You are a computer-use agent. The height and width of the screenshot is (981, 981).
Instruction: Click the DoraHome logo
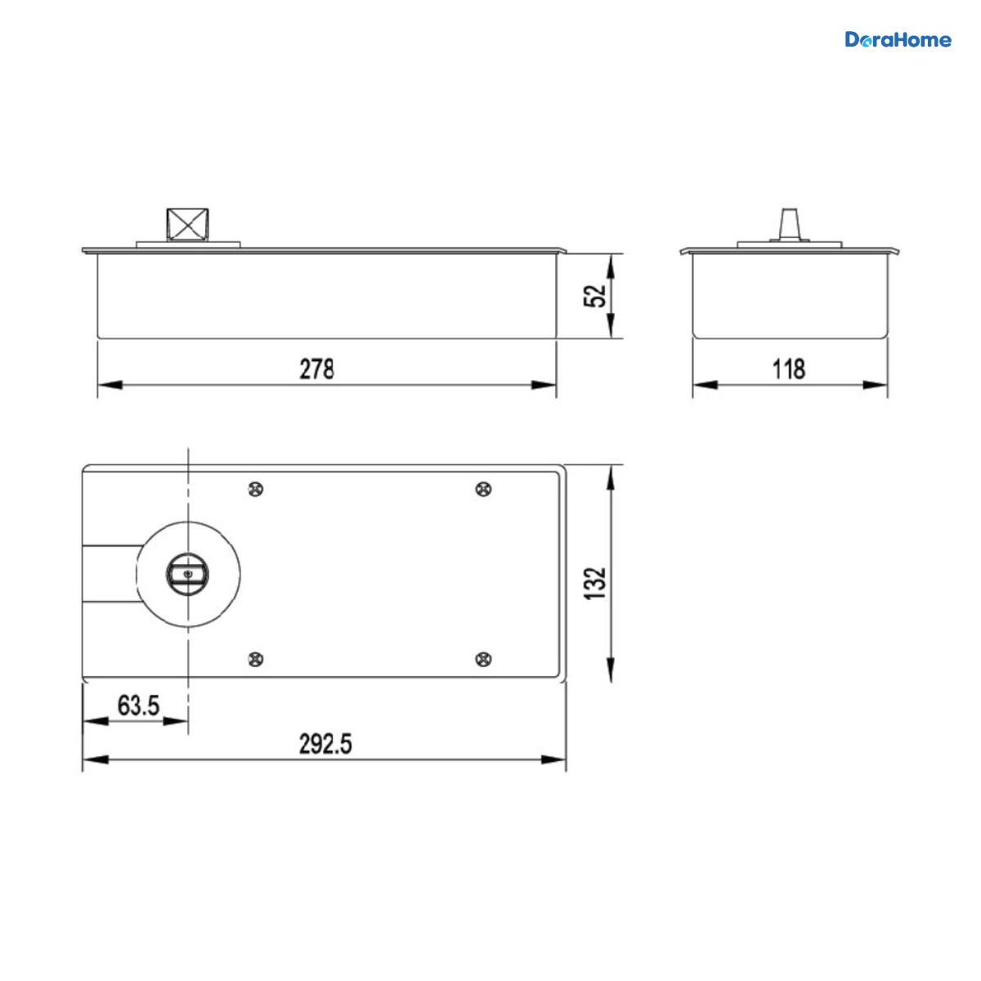(898, 40)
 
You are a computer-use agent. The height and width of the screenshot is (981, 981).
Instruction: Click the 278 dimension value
(316, 370)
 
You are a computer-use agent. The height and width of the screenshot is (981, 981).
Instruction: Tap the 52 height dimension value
(594, 296)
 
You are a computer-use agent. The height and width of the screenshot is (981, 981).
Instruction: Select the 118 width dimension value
(789, 370)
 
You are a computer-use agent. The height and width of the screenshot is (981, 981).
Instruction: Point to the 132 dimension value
(594, 583)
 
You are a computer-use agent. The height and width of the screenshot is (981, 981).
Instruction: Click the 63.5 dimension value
(138, 706)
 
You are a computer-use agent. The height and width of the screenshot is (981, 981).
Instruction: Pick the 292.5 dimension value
(325, 744)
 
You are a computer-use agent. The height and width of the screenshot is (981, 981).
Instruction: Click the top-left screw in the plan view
(256, 490)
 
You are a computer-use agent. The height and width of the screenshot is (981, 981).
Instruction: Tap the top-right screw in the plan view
(483, 490)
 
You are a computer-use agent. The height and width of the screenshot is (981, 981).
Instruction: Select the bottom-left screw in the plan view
(256, 659)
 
